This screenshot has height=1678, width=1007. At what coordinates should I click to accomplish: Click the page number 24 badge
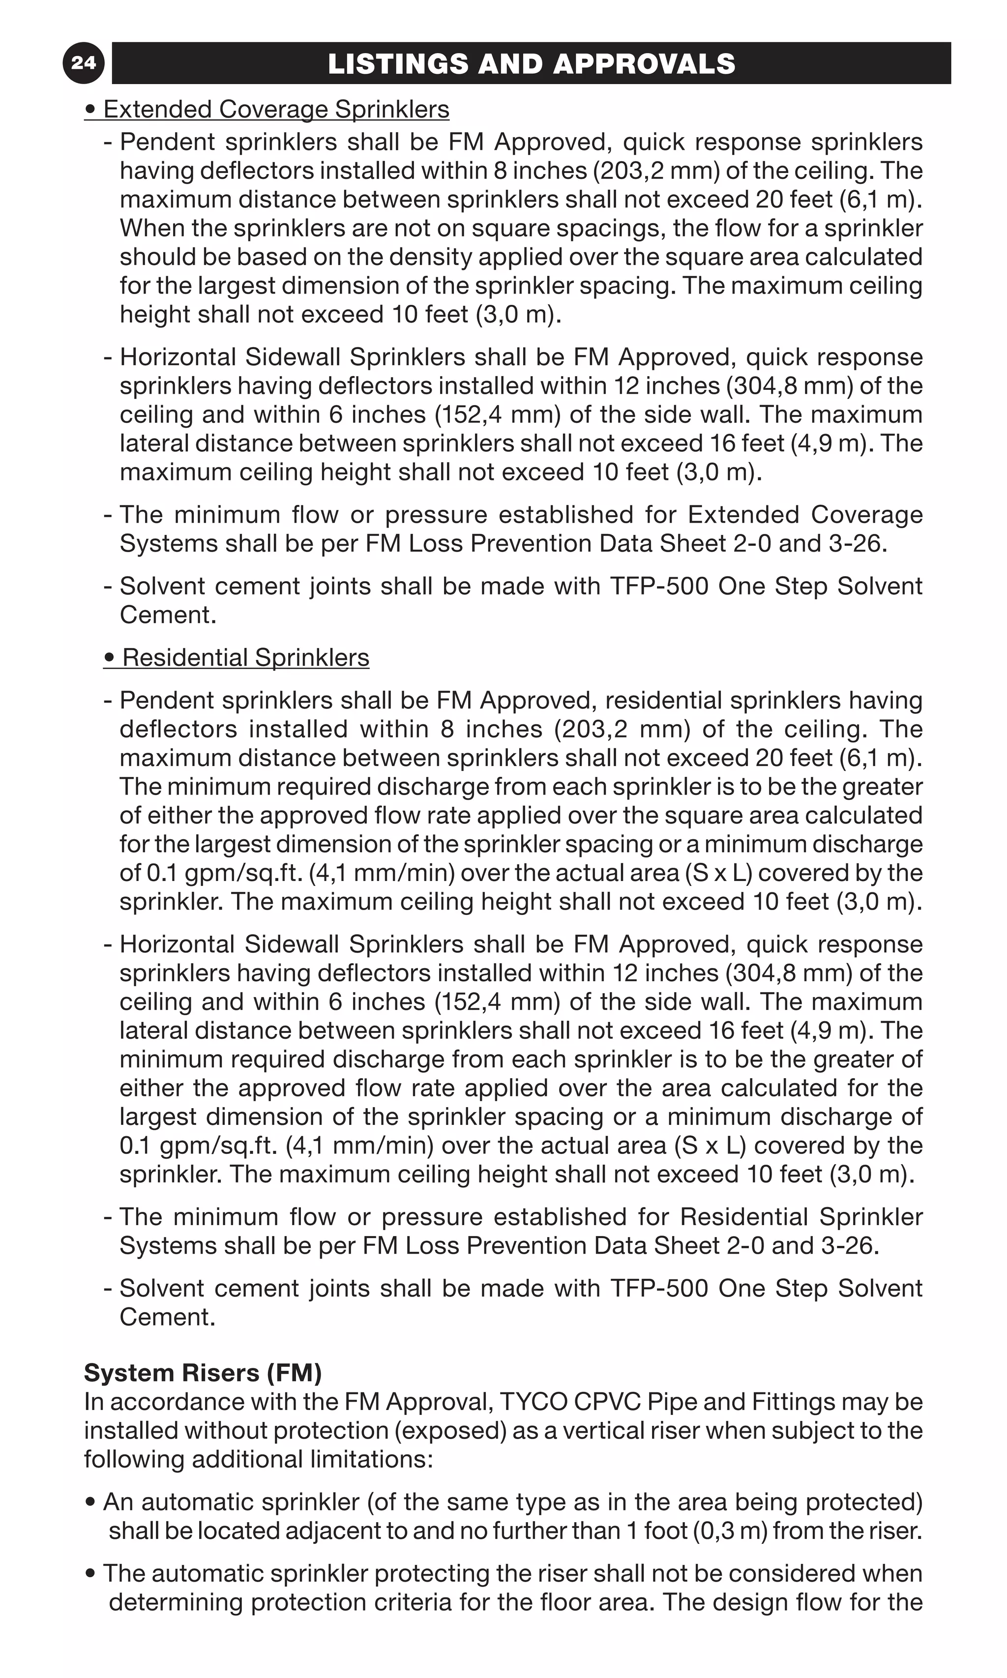83,63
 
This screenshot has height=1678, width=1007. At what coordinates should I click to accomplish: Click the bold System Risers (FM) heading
202,1372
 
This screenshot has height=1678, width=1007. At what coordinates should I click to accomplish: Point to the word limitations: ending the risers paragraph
371,1459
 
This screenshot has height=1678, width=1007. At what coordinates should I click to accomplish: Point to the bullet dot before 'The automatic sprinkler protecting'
91,1573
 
